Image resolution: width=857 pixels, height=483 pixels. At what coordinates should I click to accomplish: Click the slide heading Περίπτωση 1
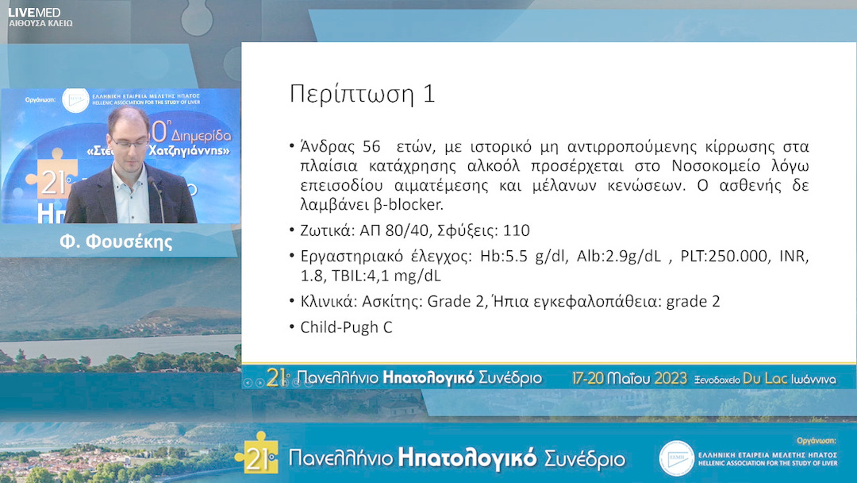point(362,94)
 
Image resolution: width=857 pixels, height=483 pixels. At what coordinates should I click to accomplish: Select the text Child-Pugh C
point(346,327)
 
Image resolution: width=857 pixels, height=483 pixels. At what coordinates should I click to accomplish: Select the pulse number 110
point(515,231)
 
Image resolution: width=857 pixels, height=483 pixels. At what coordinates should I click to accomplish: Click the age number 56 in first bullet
point(371,148)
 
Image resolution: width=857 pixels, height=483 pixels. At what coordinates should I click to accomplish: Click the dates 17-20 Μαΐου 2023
point(629,379)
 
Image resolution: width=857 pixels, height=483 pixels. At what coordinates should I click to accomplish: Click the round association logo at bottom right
point(676,458)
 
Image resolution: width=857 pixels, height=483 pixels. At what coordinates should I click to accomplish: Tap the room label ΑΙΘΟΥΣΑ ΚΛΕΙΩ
point(40,24)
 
